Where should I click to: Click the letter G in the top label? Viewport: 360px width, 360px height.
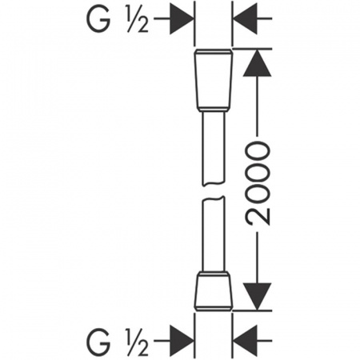click(98, 18)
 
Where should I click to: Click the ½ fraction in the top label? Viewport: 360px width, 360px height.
click(138, 19)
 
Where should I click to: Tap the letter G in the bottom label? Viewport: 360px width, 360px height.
click(98, 342)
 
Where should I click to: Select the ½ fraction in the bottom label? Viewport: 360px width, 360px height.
click(138, 342)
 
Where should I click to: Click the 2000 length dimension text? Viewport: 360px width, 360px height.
click(258, 183)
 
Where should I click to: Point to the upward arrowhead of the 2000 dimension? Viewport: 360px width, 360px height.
click(257, 63)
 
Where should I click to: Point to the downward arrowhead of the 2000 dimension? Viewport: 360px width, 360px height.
click(257, 297)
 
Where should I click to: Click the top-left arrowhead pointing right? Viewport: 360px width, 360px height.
click(182, 18)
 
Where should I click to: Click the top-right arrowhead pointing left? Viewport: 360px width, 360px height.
click(246, 18)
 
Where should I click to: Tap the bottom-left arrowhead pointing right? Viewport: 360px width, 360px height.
click(182, 341)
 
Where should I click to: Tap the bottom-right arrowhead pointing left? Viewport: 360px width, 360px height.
click(246, 341)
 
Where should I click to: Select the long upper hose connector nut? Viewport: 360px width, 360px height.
click(214, 79)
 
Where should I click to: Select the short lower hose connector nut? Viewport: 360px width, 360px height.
click(214, 291)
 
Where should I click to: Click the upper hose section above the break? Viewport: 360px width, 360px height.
click(214, 149)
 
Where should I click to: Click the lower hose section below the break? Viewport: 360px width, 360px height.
click(214, 234)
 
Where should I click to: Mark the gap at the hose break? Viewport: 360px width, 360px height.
click(214, 191)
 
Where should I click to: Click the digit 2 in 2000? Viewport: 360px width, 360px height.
click(258, 216)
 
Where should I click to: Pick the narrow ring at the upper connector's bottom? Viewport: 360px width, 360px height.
click(214, 109)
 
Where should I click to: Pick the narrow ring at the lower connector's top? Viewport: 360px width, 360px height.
click(214, 274)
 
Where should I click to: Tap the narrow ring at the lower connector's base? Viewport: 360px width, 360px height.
click(214, 309)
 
